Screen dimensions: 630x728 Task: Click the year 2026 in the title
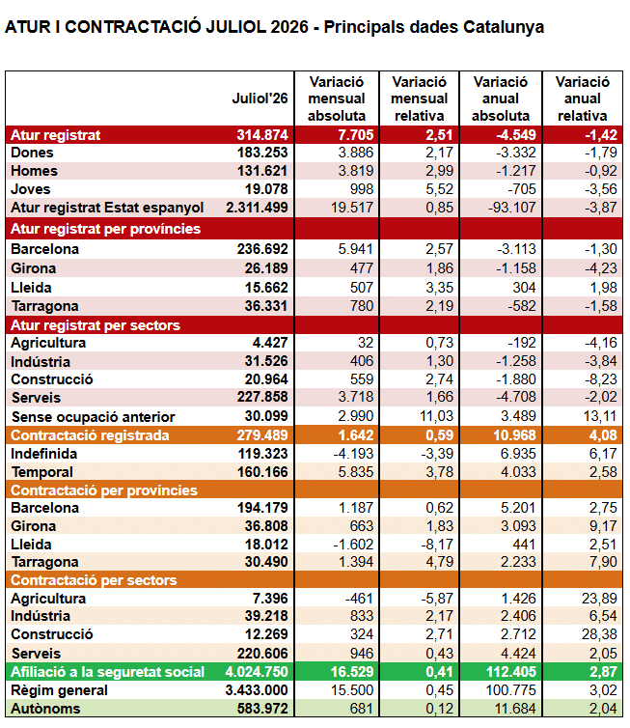point(289,27)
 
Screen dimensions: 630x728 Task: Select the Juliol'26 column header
point(260,98)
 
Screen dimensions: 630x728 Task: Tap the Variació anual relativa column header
point(582,98)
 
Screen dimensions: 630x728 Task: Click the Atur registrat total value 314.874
point(262,134)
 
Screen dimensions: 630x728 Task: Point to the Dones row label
point(32,153)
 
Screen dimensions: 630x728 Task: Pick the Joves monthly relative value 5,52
point(439,189)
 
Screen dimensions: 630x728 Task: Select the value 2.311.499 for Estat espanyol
point(257,207)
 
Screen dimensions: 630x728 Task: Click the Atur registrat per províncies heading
point(106,229)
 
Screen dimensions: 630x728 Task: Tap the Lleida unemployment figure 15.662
point(266,288)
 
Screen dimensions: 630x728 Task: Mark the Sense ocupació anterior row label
point(94,416)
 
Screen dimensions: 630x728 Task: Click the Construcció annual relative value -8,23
point(601,379)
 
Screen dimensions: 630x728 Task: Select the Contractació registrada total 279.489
point(262,435)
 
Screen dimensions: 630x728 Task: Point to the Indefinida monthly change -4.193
point(353,454)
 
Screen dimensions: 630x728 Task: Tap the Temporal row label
point(42,472)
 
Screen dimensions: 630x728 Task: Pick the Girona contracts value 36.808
point(266,526)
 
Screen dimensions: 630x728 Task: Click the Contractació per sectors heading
point(94,580)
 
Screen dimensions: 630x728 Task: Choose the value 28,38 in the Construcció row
point(599,634)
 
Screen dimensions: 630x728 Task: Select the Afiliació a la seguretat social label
point(108,672)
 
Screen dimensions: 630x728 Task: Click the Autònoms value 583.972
point(262,709)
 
